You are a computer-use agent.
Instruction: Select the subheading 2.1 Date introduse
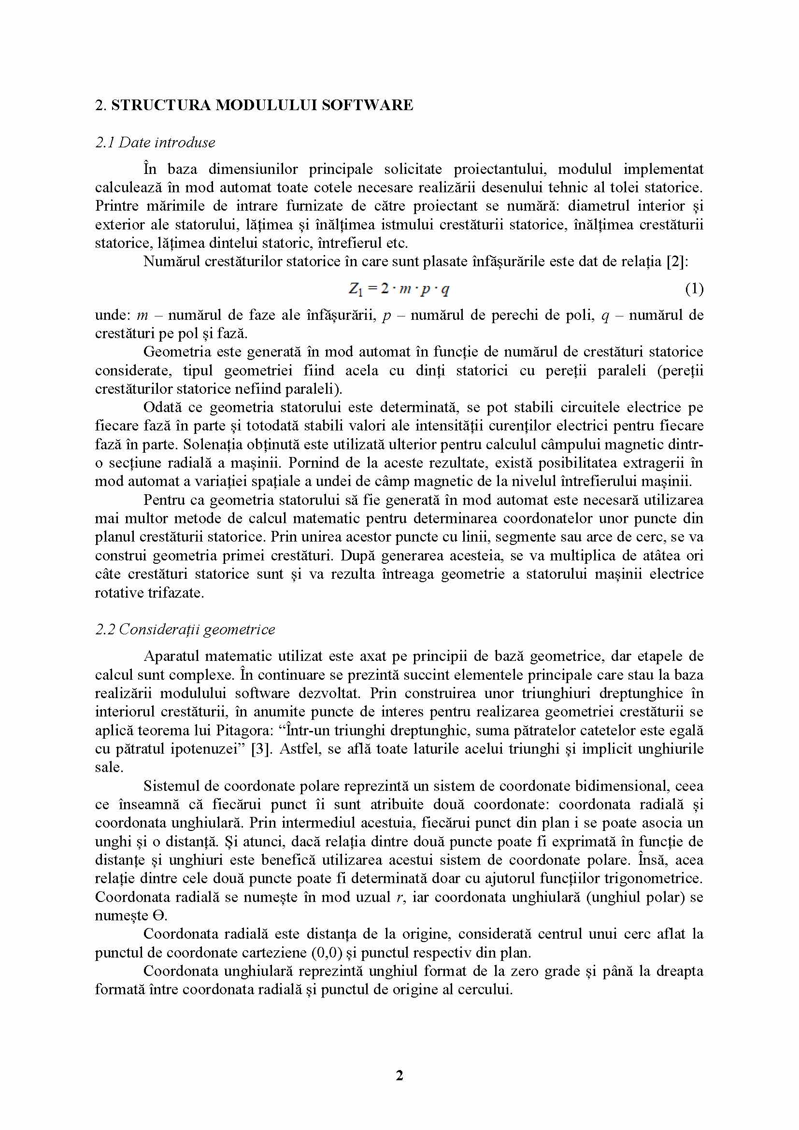155,143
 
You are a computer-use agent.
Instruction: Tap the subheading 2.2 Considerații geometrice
185,629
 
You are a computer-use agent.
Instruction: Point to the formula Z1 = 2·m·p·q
399,289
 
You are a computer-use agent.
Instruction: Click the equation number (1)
694,289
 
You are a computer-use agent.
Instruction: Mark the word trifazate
176,593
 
